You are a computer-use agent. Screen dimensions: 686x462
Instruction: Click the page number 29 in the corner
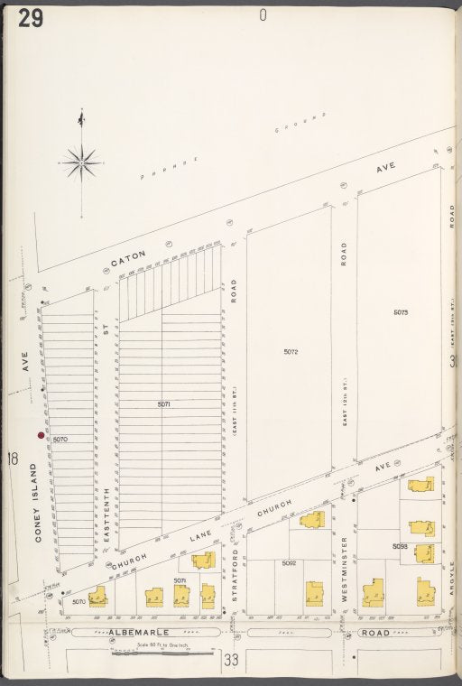[27, 18]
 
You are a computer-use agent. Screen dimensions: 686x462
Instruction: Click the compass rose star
[82, 163]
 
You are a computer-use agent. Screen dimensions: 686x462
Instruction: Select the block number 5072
[291, 351]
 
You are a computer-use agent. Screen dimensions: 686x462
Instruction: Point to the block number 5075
[401, 312]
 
